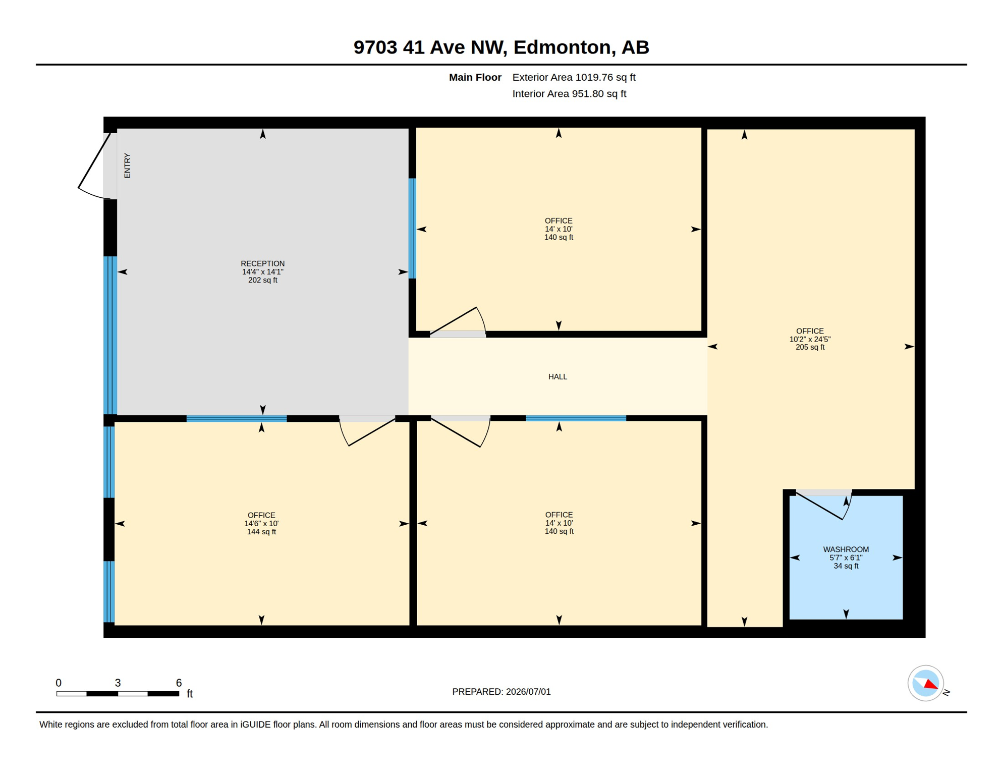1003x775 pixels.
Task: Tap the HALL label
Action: (x=558, y=376)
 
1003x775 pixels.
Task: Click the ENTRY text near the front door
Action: (x=127, y=165)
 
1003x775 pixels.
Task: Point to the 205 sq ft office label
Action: (x=810, y=339)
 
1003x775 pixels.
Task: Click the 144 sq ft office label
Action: (x=261, y=523)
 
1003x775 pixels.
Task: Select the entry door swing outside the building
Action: (x=93, y=167)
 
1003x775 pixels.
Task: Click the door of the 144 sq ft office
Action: (x=368, y=433)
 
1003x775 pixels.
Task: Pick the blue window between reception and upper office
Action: (x=412, y=228)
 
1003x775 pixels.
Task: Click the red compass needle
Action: (x=931, y=684)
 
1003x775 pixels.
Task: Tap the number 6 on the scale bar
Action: (x=179, y=683)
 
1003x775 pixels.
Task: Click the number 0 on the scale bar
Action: (x=59, y=683)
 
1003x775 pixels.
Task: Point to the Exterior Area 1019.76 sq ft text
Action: (x=574, y=77)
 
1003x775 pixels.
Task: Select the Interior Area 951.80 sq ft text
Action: (x=569, y=94)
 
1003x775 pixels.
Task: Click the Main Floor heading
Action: (x=475, y=77)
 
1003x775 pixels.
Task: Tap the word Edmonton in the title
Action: (x=562, y=47)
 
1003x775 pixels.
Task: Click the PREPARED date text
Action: (x=501, y=692)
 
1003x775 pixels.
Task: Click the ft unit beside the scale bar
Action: (x=190, y=694)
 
